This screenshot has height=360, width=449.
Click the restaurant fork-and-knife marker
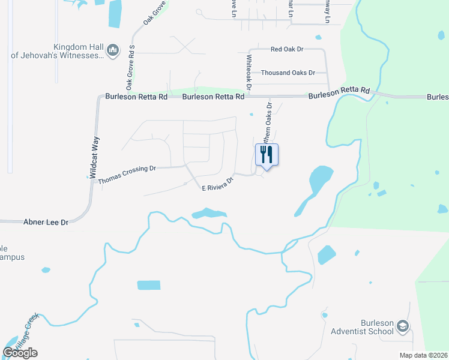[x=267, y=155]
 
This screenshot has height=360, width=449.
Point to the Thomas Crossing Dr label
[x=127, y=175]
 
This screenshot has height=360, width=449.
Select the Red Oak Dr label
[x=287, y=49]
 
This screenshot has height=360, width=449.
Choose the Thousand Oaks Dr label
[x=288, y=73]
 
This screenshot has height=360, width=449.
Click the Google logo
[x=20, y=352]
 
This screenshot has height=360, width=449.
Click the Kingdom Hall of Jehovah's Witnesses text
[x=58, y=52]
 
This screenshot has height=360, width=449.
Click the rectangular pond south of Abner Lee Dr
[x=149, y=285]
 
